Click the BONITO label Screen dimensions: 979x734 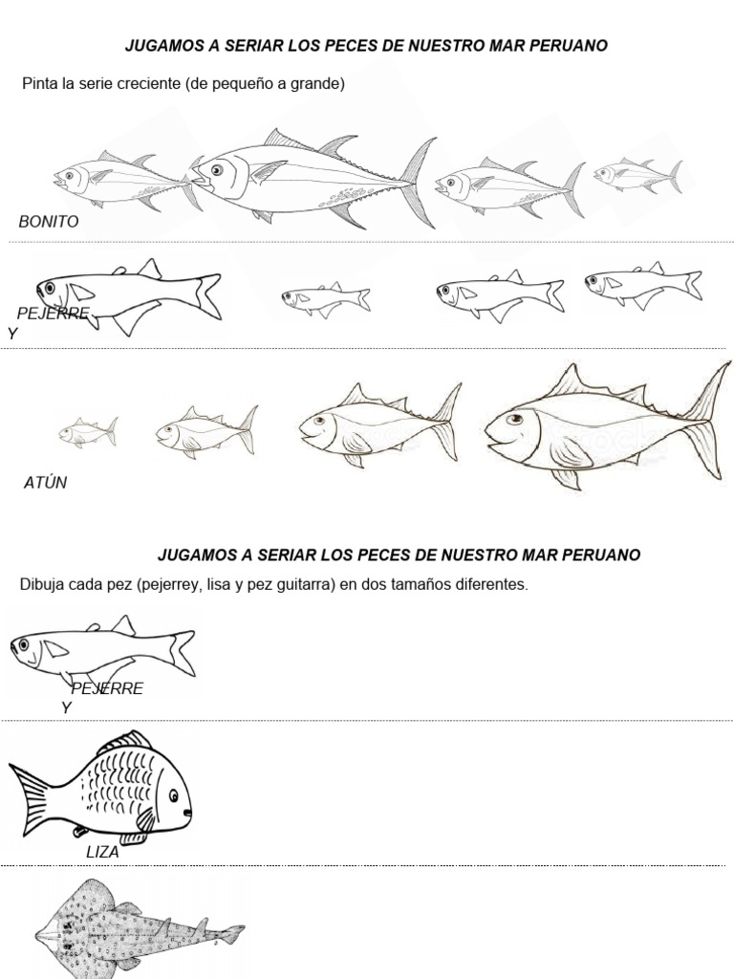48,222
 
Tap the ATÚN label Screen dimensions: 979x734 45,483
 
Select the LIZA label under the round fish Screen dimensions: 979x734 102,852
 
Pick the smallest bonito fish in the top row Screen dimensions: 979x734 637,175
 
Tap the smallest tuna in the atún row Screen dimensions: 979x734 87,431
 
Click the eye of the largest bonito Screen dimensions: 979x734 217,170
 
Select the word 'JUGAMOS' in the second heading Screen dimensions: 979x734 194,555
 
